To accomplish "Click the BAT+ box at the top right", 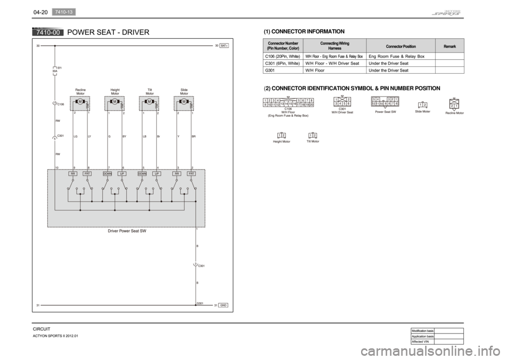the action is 225,46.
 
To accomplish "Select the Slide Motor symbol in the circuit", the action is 184,103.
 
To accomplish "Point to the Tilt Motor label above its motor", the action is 150,91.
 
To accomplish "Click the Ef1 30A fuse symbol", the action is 55,70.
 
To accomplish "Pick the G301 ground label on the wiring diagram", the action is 200,303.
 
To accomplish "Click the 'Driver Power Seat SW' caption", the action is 127,231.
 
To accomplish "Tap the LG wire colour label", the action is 76,136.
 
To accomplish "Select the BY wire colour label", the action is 124,136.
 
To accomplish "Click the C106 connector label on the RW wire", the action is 60,104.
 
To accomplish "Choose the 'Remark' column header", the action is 449,46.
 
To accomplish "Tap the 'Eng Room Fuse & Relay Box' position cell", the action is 396,56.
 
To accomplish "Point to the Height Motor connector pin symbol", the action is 281,135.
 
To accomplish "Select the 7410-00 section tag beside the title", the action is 47,33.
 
